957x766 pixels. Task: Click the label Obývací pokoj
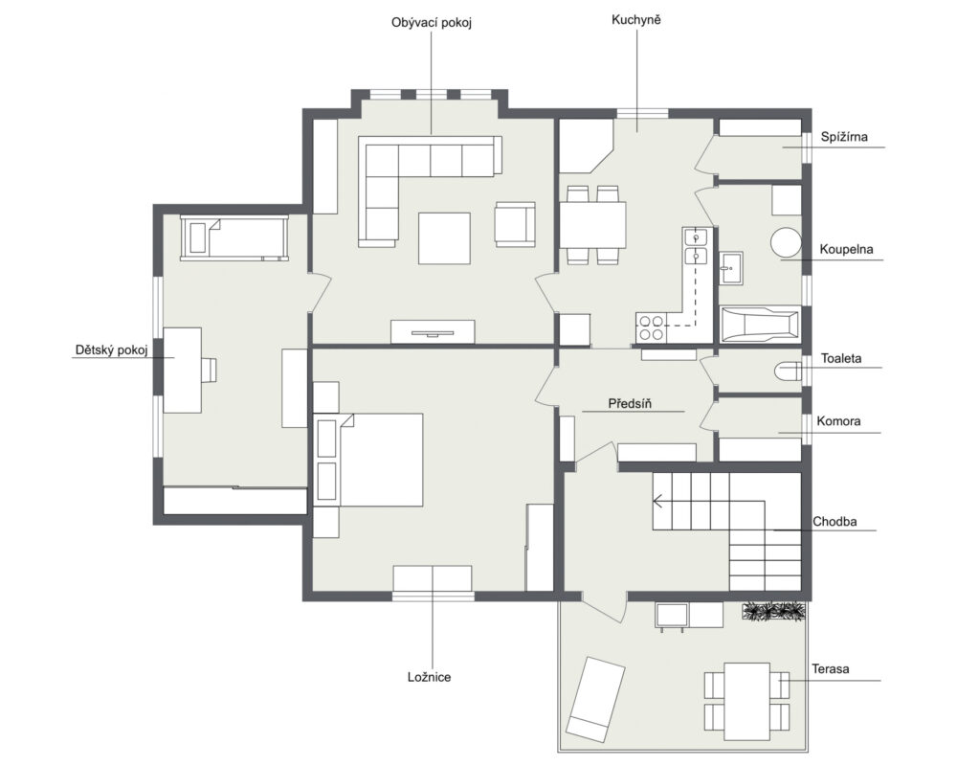432,23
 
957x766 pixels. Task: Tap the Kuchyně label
636,20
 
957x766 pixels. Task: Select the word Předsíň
630,404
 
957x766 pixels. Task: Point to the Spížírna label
844,137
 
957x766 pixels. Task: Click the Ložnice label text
429,677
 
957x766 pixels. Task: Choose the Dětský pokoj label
112,350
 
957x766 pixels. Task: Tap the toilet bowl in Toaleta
788,371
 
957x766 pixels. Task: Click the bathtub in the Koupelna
760,324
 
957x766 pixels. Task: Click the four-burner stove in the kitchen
651,327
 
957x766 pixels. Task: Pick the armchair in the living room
515,224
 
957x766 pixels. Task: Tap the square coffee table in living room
444,238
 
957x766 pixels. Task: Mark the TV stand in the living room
433,331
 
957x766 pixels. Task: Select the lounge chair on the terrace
595,699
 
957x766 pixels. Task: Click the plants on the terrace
774,612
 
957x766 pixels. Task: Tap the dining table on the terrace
747,701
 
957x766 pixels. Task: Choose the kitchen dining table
592,225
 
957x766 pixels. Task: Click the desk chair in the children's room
209,371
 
